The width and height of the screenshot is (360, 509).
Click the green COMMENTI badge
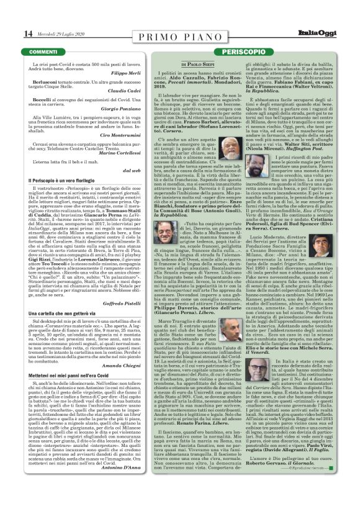(43, 50)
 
